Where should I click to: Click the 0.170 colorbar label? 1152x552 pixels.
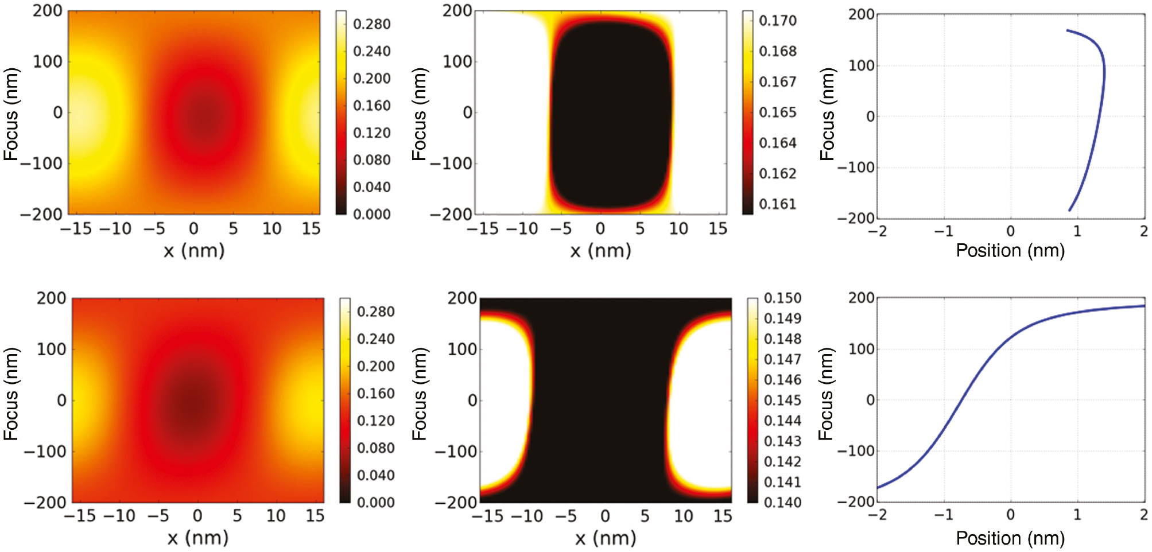coord(778,21)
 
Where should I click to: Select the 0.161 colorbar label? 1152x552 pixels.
coord(778,204)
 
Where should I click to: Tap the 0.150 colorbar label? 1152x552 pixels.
coord(782,298)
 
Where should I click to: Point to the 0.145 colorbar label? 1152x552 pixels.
coord(782,400)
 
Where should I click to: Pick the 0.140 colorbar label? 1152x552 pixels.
coord(782,502)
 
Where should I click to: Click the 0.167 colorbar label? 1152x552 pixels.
coord(778,81)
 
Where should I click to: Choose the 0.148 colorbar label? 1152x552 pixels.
coord(782,339)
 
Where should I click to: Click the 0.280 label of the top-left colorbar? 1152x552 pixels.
coord(372,24)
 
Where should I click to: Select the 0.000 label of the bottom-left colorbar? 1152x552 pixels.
coord(376,502)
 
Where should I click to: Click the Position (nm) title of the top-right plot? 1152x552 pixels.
coord(1010,250)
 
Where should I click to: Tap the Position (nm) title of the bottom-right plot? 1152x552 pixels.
coord(1010,538)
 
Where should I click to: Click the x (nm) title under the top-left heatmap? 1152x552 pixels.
coord(194,250)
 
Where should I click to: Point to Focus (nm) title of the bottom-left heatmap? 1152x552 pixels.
coord(11,394)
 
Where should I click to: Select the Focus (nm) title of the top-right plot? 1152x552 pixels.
coord(827,115)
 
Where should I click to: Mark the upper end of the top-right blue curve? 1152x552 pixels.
coord(1068,30)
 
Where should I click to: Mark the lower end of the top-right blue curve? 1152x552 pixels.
coord(1069,210)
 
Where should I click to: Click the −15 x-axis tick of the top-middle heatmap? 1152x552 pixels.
coord(482,229)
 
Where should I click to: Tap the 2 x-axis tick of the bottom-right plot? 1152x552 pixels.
coord(1143,515)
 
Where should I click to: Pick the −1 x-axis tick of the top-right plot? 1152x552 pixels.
coord(944,231)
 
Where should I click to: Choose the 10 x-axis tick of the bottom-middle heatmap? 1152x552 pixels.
coord(683,516)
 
